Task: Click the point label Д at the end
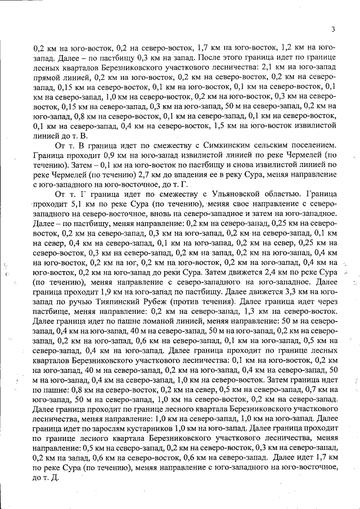click(55, 477)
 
